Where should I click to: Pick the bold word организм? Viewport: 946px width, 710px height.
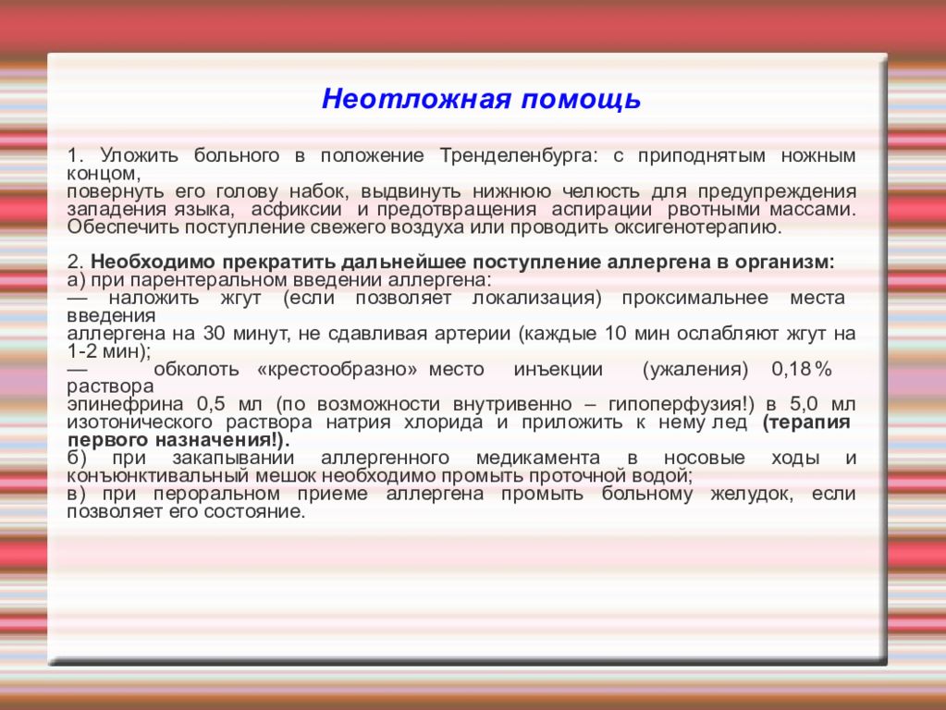point(784,263)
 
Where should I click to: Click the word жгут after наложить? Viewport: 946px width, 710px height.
point(241,298)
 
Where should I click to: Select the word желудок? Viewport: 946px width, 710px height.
point(751,494)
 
